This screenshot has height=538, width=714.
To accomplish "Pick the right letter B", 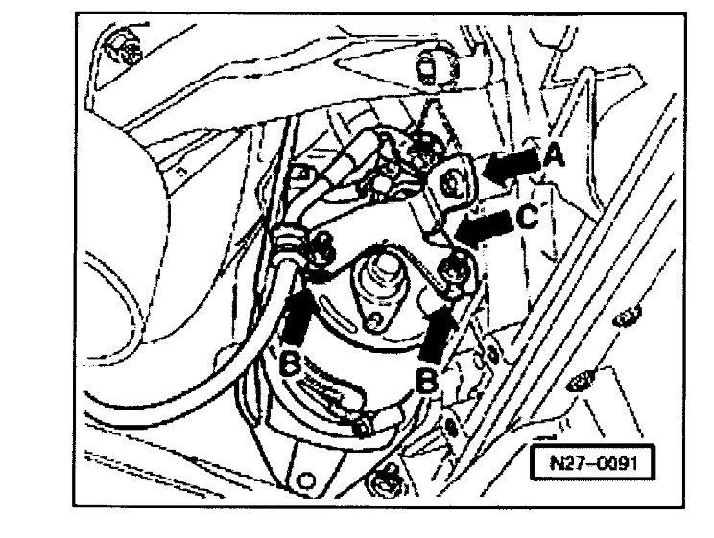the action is pyautogui.click(x=431, y=382).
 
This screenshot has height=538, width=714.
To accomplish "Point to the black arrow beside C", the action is pyautogui.click(x=485, y=228).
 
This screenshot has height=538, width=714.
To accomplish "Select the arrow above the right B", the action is pyautogui.click(x=440, y=337).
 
